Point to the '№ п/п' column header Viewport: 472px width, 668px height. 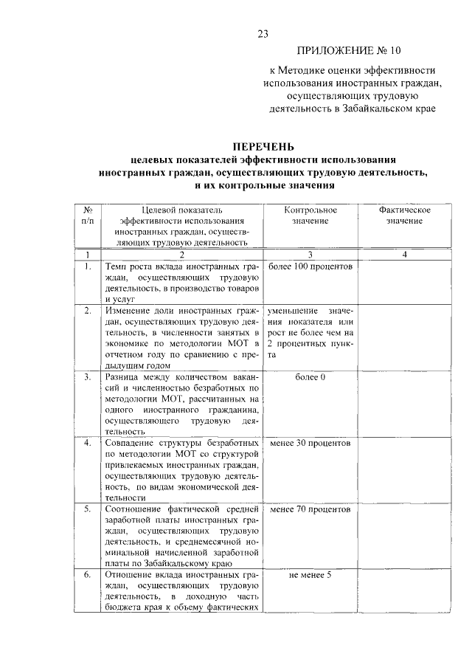coord(87,216)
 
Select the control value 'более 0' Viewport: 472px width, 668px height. coord(310,377)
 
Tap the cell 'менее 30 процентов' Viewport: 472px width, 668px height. coord(310,444)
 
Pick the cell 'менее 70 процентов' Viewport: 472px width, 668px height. coord(310,510)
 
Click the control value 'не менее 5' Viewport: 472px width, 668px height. coord(310,576)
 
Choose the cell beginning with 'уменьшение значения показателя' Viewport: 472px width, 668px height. coord(310,332)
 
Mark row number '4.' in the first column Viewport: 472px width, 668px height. coord(87,444)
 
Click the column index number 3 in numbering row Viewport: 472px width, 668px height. coord(310,254)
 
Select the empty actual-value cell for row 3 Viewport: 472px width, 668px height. coord(404,404)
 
